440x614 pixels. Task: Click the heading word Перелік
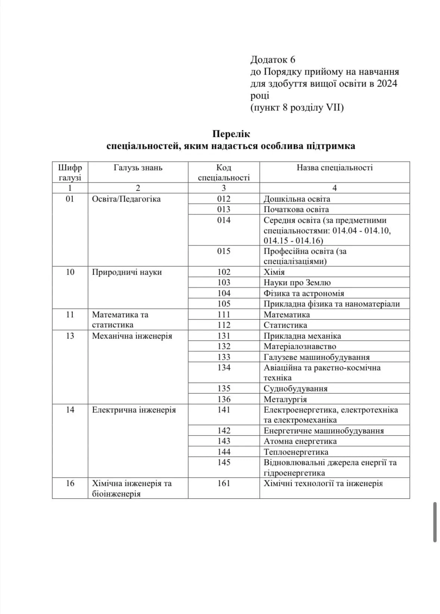tap(231, 134)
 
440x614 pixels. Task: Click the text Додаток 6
tap(272, 60)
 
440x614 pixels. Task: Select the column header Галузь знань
tap(138, 168)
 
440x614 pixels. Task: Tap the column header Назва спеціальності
tap(334, 168)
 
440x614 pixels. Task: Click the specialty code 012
tap(224, 199)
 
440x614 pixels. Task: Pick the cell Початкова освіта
tap(296, 209)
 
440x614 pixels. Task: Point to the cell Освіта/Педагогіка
tap(126, 199)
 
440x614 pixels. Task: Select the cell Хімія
tap(274, 272)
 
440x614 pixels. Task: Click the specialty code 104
tap(224, 293)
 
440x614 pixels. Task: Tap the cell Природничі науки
tap(127, 272)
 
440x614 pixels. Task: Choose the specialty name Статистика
tap(285, 325)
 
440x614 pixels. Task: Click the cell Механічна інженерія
tap(132, 336)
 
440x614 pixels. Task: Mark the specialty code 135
tap(224, 389)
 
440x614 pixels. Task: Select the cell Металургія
tap(285, 399)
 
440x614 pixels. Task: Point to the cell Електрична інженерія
tap(134, 410)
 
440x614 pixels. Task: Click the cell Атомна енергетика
tap(300, 441)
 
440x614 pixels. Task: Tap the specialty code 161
tap(224, 483)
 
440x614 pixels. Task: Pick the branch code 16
tap(70, 483)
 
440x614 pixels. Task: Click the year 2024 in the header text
tap(387, 84)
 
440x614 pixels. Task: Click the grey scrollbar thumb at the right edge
tap(435, 522)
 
